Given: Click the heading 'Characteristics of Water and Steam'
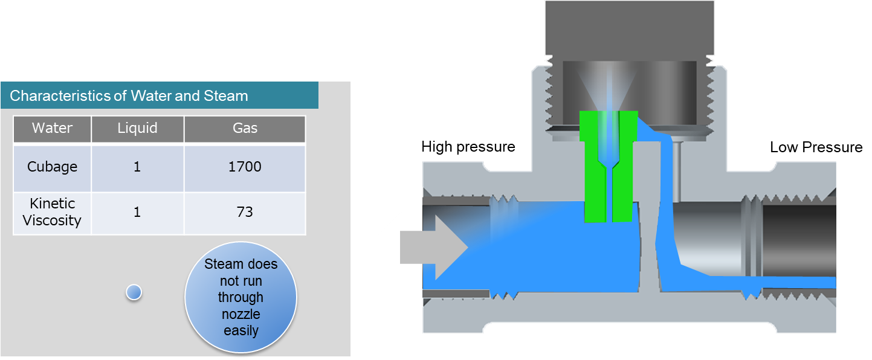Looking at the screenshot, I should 129,95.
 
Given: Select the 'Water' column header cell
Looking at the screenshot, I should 52,128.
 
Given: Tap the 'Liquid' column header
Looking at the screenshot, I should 137,128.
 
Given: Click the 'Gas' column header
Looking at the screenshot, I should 245,128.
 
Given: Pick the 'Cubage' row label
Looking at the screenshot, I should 52,167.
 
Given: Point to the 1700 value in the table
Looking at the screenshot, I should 245,167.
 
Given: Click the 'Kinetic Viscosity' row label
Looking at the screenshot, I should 52,212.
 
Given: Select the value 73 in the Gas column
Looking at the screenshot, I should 245,212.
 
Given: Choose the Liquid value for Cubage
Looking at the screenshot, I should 137,167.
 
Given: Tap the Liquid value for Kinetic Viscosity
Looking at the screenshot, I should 137,212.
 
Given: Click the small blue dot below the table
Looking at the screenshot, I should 134,292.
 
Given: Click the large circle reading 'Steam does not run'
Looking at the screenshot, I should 241,297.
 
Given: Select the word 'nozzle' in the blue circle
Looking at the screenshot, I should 241,314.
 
